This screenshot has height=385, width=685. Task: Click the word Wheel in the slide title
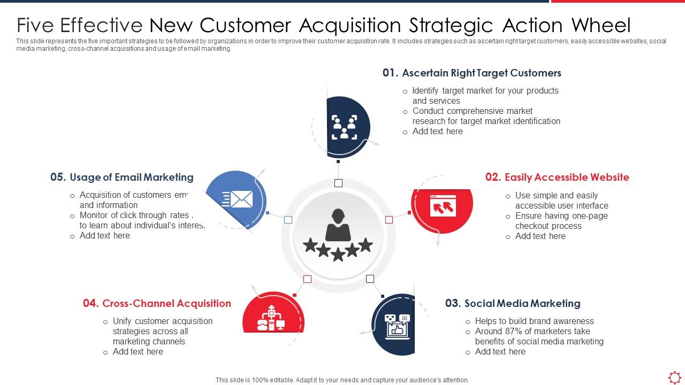click(x=601, y=25)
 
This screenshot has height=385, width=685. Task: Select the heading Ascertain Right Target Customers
click(x=481, y=73)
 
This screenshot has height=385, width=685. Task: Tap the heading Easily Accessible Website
click(x=567, y=177)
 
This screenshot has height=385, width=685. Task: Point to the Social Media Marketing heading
click(x=522, y=303)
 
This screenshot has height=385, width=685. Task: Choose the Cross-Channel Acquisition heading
click(x=166, y=303)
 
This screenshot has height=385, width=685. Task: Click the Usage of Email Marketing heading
click(x=132, y=177)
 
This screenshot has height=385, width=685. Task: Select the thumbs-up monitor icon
click(x=397, y=325)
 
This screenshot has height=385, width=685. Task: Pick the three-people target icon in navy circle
click(x=344, y=127)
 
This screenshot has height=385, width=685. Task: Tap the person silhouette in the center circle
click(x=338, y=225)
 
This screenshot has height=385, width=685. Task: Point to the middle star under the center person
click(x=338, y=254)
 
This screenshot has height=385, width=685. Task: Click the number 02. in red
click(x=493, y=177)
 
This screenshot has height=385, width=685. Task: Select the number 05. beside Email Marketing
click(x=58, y=177)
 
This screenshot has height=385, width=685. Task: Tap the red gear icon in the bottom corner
click(x=675, y=376)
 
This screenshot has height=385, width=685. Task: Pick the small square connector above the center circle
click(x=338, y=183)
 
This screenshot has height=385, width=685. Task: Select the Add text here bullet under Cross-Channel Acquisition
click(x=138, y=351)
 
